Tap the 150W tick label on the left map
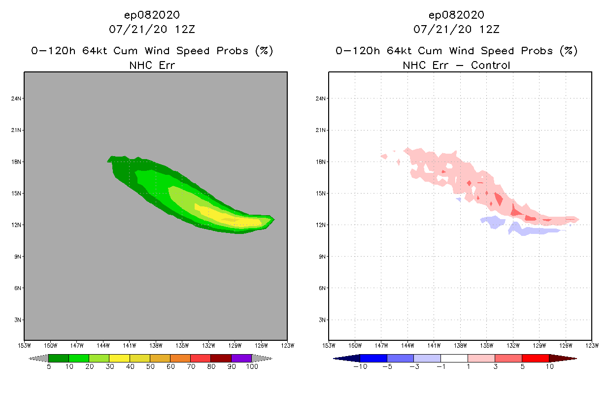[50, 345]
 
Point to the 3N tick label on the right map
[321, 320]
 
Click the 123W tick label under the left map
[287, 345]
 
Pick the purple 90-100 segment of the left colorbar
[241, 358]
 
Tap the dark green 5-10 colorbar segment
[59, 358]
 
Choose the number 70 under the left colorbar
[191, 366]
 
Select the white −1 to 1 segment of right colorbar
[454, 358]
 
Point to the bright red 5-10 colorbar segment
[535, 358]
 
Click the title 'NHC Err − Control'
[456, 65]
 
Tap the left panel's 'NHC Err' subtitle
[152, 65]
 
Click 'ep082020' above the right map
[456, 15]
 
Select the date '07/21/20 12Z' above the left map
[152, 29]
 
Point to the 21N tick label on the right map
[321, 130]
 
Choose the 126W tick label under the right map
[565, 345]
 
